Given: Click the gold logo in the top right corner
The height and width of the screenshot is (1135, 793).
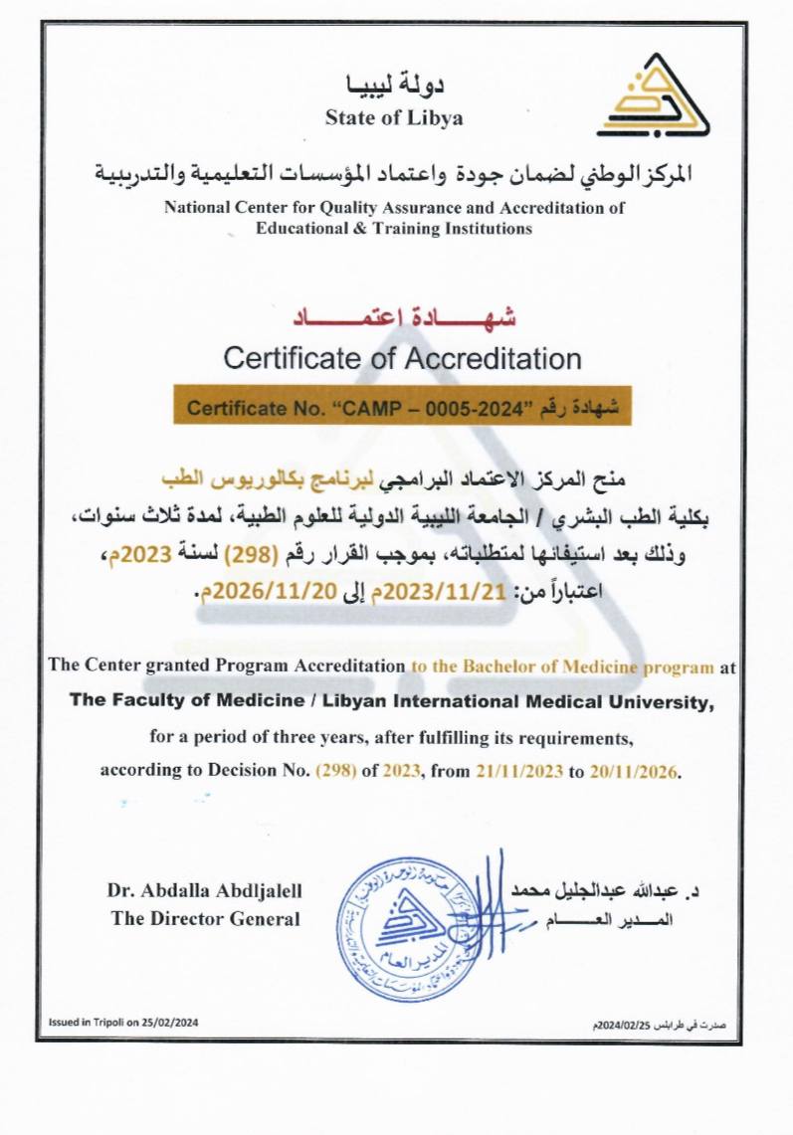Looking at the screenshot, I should coord(654,96).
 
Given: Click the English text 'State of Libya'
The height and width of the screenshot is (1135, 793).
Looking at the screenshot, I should coord(394,118).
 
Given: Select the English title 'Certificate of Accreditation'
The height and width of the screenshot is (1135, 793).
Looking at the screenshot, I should coord(402,357).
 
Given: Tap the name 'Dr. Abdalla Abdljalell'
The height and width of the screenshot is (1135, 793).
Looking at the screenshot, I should coord(204,890).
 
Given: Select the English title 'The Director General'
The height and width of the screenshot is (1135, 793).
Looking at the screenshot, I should coord(205,918).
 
